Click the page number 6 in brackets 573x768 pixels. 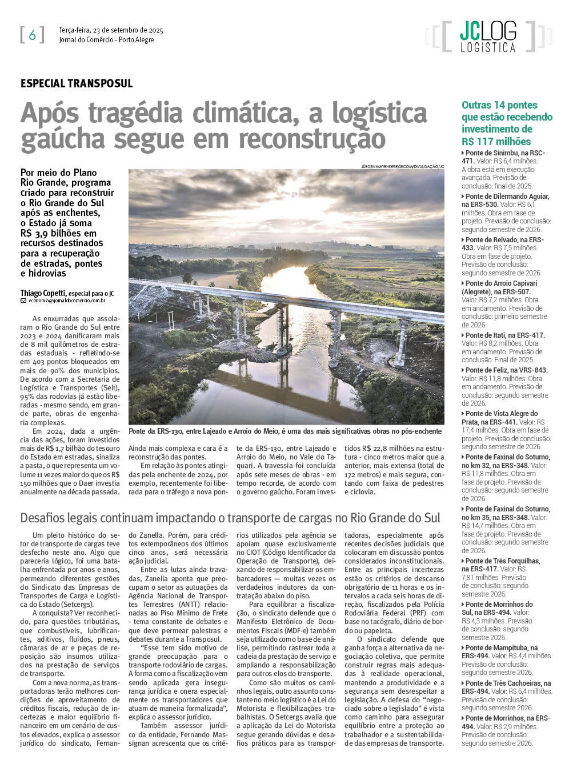[32, 35]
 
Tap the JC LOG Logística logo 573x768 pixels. [488, 37]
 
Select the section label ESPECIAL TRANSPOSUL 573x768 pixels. [77, 83]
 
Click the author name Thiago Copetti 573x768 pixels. [43, 293]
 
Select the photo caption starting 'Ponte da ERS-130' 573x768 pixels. [285, 431]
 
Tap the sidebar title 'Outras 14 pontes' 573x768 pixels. [499, 105]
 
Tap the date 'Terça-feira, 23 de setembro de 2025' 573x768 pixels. [111, 30]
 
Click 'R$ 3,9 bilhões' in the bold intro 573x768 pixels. [58, 233]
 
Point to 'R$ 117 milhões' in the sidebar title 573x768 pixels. [496, 142]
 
